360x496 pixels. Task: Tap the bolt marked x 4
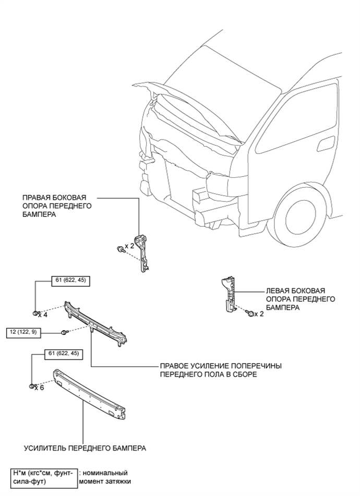pyautogui.click(x=35, y=313)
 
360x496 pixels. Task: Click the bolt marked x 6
pyautogui.click(x=32, y=386)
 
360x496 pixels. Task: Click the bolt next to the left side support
pyautogui.click(x=249, y=313)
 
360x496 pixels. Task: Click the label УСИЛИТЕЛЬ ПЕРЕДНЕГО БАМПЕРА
pyautogui.click(x=85, y=448)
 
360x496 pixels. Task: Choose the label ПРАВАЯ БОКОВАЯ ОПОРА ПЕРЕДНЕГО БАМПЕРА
pyautogui.click(x=57, y=206)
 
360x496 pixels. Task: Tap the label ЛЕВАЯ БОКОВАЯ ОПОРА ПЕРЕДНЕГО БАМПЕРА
pyautogui.click(x=301, y=299)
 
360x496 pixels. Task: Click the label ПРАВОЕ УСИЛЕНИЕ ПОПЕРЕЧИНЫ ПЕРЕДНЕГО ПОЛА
pyautogui.click(x=221, y=370)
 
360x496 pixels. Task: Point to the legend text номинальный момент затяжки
pyautogui.click(x=104, y=477)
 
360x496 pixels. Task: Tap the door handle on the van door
pyautogui.click(x=326, y=143)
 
